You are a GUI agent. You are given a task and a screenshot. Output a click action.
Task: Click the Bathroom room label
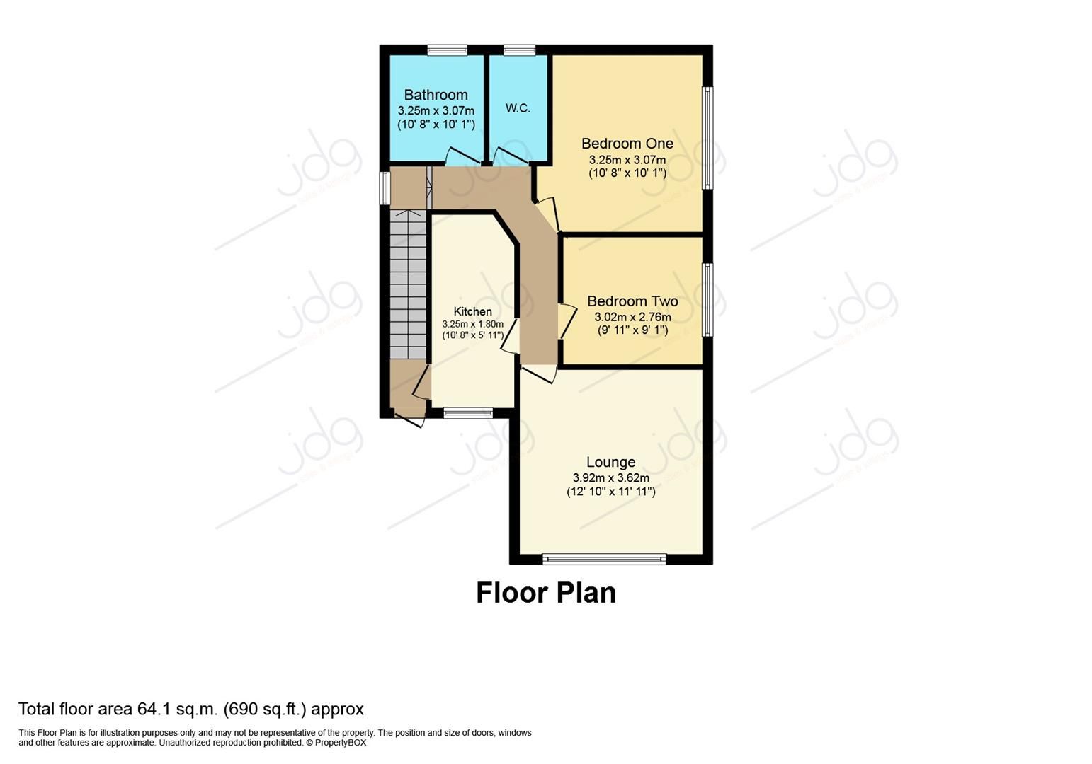click(436, 95)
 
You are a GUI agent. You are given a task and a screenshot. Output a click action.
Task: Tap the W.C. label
click(518, 108)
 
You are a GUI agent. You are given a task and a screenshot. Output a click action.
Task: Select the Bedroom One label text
click(627, 144)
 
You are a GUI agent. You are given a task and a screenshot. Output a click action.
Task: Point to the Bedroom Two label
click(632, 301)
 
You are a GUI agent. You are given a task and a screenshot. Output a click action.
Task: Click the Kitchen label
click(472, 312)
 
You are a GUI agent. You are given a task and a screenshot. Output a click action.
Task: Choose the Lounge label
click(610, 463)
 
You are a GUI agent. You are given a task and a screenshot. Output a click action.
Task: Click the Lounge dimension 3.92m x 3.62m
click(610, 478)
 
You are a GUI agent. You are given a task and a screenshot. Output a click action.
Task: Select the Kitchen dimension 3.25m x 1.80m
click(472, 324)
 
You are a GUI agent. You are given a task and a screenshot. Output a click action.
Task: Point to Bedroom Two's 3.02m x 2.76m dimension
click(632, 318)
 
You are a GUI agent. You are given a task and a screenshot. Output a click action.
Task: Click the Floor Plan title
click(545, 593)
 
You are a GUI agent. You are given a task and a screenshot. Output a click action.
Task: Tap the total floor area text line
click(190, 709)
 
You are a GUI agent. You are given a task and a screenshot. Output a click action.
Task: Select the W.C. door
click(508, 156)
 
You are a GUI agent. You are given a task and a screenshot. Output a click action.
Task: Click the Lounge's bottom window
click(604, 559)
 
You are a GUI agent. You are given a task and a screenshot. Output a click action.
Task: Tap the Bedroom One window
click(707, 138)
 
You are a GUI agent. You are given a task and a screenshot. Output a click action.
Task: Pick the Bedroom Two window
click(707, 300)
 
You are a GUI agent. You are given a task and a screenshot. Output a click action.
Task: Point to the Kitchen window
click(468, 413)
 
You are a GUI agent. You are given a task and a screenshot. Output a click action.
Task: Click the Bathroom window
click(447, 50)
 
